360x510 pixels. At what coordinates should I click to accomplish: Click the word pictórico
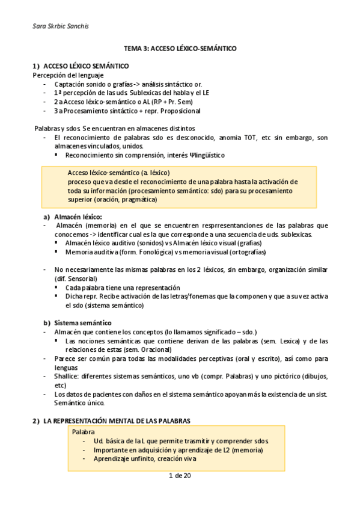[277, 376]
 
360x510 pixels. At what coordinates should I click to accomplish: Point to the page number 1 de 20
[180, 476]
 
